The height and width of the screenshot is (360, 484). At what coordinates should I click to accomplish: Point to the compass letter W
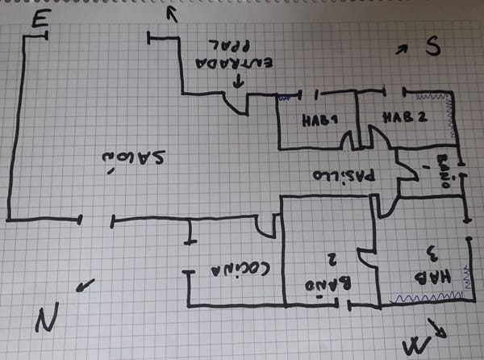415,345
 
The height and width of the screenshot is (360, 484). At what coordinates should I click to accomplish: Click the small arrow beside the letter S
402,50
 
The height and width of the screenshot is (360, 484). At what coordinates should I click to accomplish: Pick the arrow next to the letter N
85,285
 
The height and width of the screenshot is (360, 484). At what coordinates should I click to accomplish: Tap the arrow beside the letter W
439,327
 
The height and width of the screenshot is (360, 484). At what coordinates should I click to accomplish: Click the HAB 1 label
319,121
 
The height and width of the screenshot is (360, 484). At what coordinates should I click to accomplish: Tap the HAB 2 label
404,116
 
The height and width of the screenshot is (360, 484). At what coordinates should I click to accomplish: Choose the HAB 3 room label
425,266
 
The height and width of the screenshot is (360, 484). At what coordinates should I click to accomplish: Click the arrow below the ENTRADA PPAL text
238,81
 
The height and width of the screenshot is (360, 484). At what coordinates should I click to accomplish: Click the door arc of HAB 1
348,139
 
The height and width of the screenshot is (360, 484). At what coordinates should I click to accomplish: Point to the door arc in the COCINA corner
267,227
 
